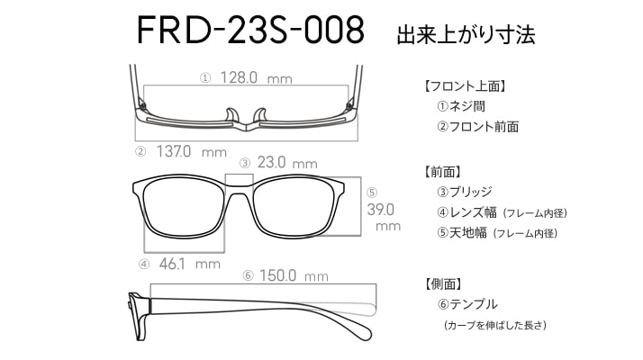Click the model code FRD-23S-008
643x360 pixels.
[x=250, y=30]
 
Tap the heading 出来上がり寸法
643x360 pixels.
[x=466, y=35]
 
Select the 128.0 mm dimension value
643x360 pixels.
[x=257, y=77]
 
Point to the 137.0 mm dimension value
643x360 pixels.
[x=192, y=152]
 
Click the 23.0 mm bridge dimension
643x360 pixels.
[x=287, y=163]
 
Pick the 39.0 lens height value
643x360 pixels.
[x=381, y=210]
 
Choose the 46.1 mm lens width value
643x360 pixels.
[x=190, y=264]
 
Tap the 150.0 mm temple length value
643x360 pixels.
[x=294, y=275]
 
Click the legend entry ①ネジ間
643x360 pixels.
[x=461, y=106]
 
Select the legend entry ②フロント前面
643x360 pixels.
[x=477, y=127]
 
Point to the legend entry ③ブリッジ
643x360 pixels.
[x=465, y=192]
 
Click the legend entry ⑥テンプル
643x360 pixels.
[x=467, y=304]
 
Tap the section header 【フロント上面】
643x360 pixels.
[x=465, y=86]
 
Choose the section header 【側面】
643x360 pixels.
[x=444, y=283]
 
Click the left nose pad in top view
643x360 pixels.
[x=232, y=115]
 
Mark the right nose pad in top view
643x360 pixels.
[x=260, y=115]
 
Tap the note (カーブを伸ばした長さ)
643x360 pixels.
[x=495, y=325]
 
